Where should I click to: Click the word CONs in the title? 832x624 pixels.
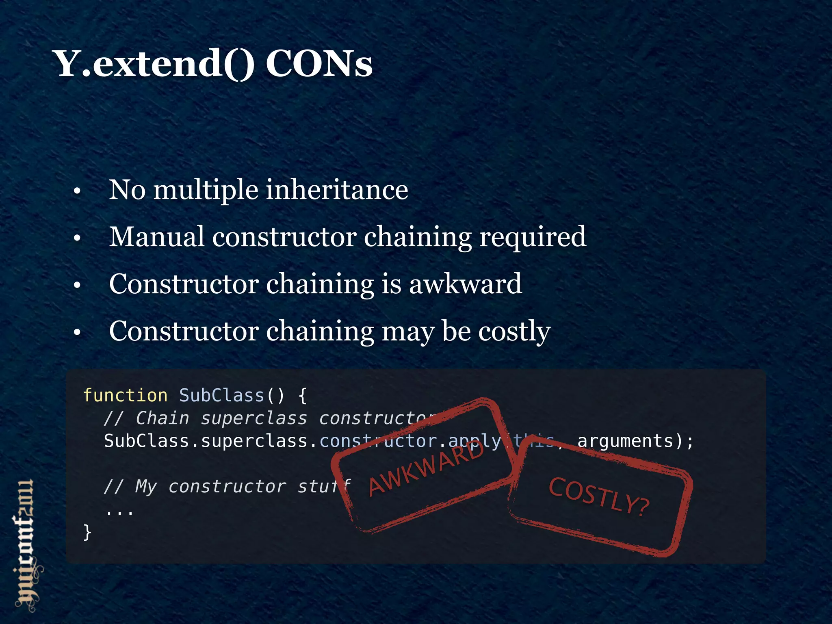click(x=319, y=64)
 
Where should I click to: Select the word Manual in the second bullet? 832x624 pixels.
click(x=157, y=236)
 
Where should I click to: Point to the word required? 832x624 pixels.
click(x=533, y=237)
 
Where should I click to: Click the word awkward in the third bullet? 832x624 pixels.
click(x=465, y=284)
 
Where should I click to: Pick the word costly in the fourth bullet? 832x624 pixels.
click(x=514, y=331)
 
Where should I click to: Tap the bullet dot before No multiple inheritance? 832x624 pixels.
click(x=77, y=191)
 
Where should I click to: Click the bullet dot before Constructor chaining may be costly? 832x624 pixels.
click(x=77, y=332)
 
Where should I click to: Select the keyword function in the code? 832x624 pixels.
click(x=125, y=395)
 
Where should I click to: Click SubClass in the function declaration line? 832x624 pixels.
click(x=222, y=395)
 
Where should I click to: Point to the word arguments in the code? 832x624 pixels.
click(x=625, y=441)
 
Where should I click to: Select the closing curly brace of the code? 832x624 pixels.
click(x=87, y=532)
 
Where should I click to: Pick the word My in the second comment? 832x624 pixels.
click(x=146, y=487)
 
